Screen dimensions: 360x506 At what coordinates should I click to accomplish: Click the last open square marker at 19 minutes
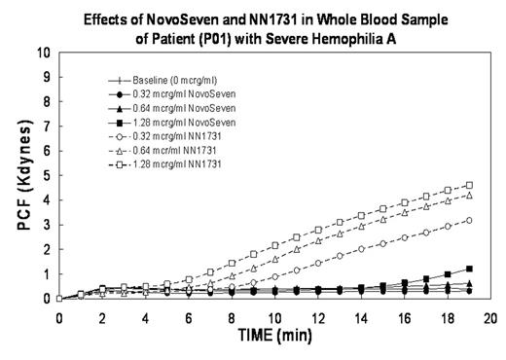469,185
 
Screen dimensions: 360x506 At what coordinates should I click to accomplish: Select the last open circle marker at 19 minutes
469,220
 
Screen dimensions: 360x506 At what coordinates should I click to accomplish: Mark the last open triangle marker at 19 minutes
469,195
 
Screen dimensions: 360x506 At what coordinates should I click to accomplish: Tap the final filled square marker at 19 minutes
469,269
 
